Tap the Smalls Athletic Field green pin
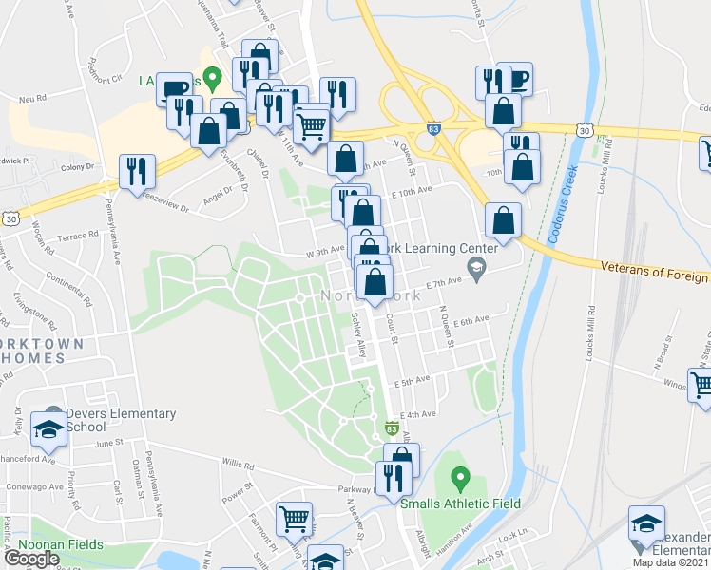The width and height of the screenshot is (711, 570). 460,476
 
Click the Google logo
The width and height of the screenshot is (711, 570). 31,559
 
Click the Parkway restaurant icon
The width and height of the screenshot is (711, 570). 391,478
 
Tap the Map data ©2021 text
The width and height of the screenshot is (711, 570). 670,562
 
